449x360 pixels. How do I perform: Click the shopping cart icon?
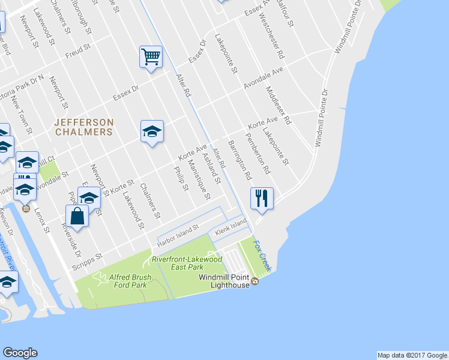click(x=151, y=58)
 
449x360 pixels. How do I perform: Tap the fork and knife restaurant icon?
click(x=261, y=198)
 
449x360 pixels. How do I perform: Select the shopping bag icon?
click(x=77, y=215)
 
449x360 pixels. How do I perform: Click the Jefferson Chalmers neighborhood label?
click(x=83, y=127)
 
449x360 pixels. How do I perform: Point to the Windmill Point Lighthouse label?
click(x=224, y=282)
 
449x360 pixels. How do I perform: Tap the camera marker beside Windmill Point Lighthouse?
click(x=255, y=281)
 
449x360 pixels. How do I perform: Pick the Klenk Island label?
click(x=231, y=224)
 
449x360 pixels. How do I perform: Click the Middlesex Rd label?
click(x=277, y=105)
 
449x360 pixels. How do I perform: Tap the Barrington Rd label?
click(x=239, y=161)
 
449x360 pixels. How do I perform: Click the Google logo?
click(x=20, y=353)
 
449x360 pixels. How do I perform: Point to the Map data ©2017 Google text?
click(x=411, y=355)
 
